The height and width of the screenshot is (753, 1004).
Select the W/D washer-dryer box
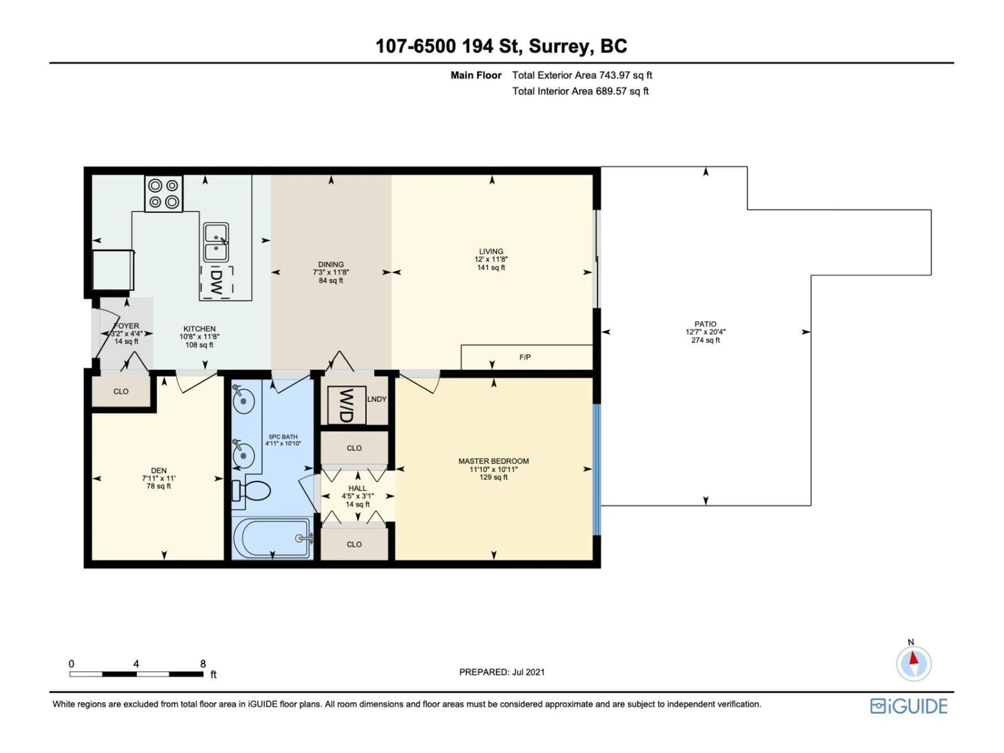346,405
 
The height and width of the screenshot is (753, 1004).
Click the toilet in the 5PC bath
252,491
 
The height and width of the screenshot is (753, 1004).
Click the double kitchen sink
216,242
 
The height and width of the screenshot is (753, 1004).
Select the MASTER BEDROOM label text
493,461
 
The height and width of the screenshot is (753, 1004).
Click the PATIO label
705,324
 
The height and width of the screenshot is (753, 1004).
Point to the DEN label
159,471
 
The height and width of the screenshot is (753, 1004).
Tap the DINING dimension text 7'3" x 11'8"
331,273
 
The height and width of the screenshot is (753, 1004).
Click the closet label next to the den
121,391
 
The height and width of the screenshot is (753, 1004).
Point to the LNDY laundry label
377,399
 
